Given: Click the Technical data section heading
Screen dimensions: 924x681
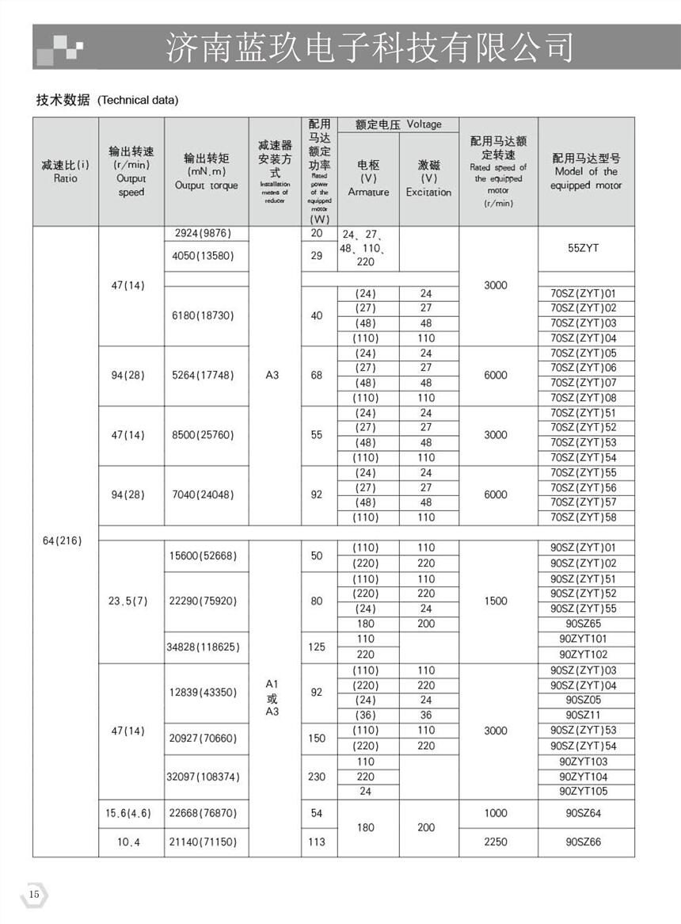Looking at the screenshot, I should click(107, 100).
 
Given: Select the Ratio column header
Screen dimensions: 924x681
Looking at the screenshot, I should click(66, 172).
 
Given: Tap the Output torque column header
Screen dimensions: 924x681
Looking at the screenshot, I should click(206, 172).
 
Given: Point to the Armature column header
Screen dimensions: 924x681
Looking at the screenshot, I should click(368, 178).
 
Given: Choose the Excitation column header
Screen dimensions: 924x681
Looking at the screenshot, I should click(428, 178).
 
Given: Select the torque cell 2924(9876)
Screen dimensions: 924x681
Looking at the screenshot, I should click(206, 234).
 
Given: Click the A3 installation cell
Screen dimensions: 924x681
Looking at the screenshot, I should click(272, 375).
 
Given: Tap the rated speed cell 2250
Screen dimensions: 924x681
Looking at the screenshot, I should click(496, 842).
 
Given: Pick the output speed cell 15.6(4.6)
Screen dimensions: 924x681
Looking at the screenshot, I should click(128, 813).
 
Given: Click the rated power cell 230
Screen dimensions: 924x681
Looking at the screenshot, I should click(317, 777).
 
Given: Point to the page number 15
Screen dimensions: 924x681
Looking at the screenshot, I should click(34, 895).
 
